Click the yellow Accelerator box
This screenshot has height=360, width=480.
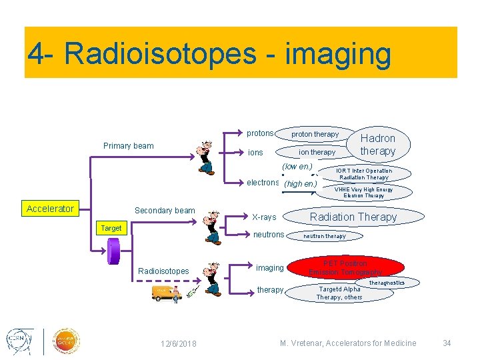click(x=50, y=209)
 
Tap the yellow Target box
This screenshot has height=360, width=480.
click(x=111, y=228)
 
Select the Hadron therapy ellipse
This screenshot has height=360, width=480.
click(x=378, y=144)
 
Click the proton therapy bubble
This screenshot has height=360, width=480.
click(x=315, y=134)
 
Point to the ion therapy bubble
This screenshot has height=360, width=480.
click(x=317, y=152)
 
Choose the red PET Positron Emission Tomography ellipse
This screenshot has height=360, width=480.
click(x=345, y=268)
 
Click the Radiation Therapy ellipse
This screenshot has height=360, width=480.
click(x=353, y=217)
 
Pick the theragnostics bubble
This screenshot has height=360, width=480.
click(x=387, y=283)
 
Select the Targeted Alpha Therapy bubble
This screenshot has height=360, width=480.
click(x=340, y=293)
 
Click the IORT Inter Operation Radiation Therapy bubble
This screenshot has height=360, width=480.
click(x=364, y=174)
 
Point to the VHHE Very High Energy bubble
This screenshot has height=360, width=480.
click(x=363, y=192)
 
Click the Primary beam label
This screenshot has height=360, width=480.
click(x=128, y=146)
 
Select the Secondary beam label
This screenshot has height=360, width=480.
click(x=165, y=211)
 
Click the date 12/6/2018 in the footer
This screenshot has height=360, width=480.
click(x=179, y=343)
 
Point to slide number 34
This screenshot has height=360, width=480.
click(x=447, y=343)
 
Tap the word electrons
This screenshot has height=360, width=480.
click(x=263, y=183)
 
